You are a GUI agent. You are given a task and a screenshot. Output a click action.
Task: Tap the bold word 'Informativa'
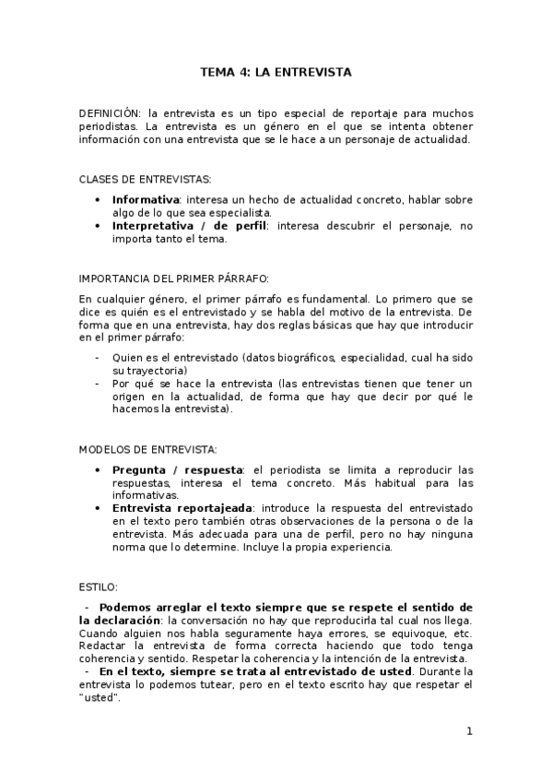click(x=145, y=199)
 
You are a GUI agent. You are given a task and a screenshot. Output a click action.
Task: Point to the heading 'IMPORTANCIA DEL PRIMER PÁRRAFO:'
click(x=173, y=278)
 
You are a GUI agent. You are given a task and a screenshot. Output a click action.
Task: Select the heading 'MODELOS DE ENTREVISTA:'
click(x=148, y=450)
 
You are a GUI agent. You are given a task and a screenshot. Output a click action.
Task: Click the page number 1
click(x=469, y=732)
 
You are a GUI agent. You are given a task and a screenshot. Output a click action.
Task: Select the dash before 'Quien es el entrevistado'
click(x=98, y=357)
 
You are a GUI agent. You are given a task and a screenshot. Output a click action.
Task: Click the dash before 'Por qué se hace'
click(x=98, y=384)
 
